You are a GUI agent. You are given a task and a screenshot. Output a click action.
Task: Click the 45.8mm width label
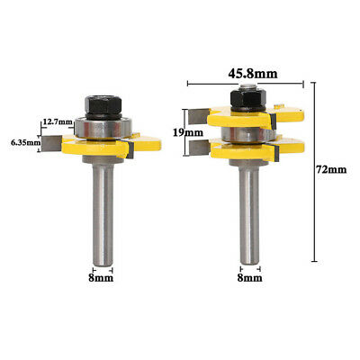tap(253, 74)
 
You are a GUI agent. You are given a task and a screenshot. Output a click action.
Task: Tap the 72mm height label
tap(331, 170)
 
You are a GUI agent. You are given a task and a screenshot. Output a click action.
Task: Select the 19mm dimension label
tap(188, 132)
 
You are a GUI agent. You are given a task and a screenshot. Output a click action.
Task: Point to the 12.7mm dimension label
tap(58, 121)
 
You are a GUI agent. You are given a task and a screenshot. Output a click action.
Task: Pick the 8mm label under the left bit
tap(101, 278)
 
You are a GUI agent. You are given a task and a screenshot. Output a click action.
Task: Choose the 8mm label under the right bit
tap(249, 278)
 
